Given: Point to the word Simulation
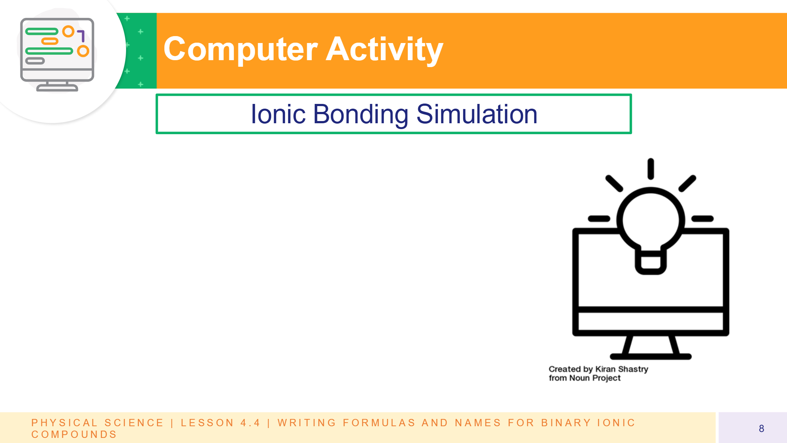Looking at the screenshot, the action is click(x=477, y=114).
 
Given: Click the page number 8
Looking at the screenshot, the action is click(x=761, y=428).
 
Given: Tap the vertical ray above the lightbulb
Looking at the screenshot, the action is click(x=651, y=169).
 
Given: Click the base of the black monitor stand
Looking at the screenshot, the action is click(x=651, y=357).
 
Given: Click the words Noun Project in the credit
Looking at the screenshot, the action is click(x=595, y=378).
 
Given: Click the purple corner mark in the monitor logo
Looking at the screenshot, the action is click(x=81, y=36).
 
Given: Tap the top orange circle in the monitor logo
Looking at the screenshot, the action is click(x=68, y=31).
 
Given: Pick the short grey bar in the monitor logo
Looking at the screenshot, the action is click(x=35, y=61).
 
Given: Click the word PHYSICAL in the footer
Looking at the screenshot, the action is click(x=64, y=423).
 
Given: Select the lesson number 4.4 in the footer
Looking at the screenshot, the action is click(x=250, y=423).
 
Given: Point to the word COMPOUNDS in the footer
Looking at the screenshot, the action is click(x=74, y=434).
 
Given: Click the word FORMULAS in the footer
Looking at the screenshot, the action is click(x=379, y=423).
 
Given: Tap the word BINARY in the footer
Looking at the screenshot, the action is click(x=566, y=423).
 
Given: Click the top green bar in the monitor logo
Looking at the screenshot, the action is click(x=42, y=31).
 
